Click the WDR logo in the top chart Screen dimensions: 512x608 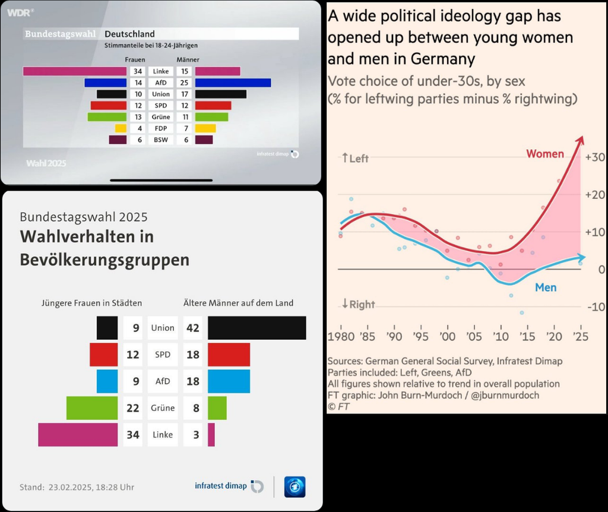[x=20, y=11]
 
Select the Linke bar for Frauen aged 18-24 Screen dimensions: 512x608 [x=75, y=71]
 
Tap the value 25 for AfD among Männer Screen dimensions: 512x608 [x=184, y=83]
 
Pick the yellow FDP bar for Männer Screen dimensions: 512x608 [x=205, y=128]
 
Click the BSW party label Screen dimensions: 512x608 [x=161, y=140]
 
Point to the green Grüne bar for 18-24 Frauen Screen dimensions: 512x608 [x=107, y=117]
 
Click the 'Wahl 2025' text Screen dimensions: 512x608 [x=47, y=162]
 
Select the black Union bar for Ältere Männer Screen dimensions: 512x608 [x=256, y=328]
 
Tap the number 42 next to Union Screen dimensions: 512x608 [x=193, y=328]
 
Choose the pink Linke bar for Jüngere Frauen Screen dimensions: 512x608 [x=78, y=435]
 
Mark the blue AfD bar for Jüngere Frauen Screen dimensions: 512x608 [x=107, y=381]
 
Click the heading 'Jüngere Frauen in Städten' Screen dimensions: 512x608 [x=91, y=303]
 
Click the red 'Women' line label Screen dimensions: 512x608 [x=544, y=154]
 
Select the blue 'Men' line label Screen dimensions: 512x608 [x=546, y=287]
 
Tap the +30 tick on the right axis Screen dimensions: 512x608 [x=594, y=157]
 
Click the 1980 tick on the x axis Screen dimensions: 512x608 [x=341, y=336]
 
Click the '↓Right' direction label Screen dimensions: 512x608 [x=358, y=304]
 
